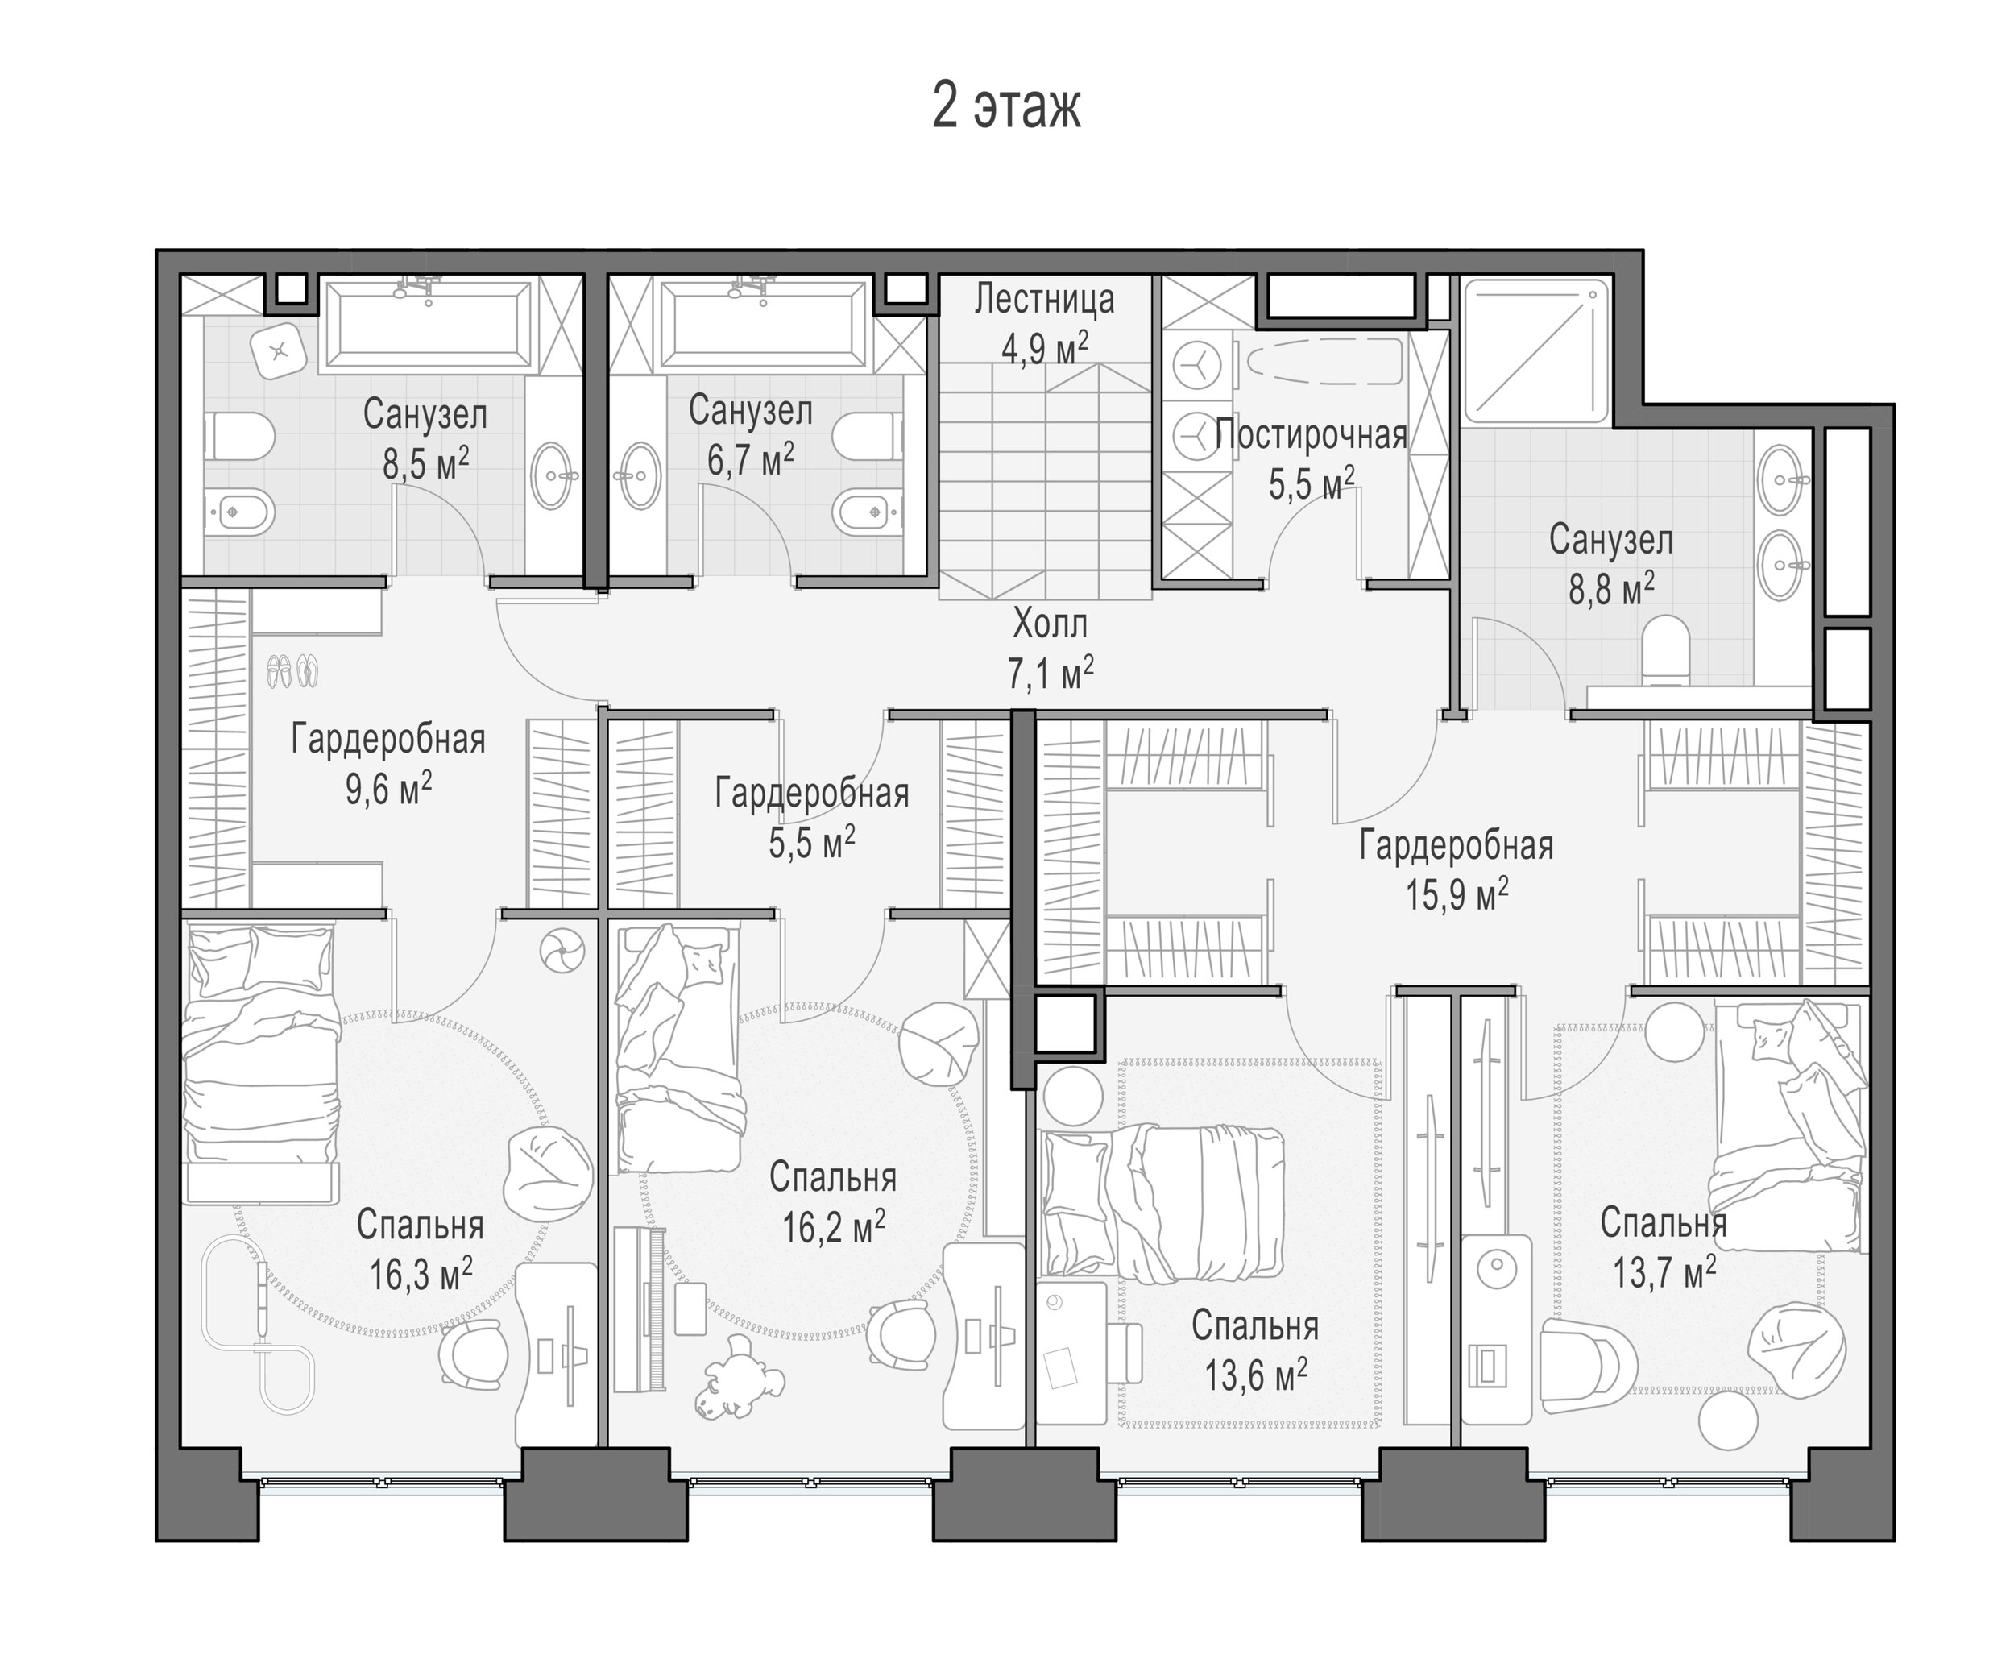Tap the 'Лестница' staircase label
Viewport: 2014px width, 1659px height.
point(1044,300)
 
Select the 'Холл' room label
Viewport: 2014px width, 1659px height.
point(1050,625)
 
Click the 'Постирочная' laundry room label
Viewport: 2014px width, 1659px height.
point(1311,435)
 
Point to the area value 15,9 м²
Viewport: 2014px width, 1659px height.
point(1457,895)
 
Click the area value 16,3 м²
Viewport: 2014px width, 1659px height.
point(421,1274)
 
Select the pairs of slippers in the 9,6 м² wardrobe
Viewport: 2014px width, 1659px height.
point(292,671)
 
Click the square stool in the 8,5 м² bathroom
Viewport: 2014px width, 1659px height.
point(279,350)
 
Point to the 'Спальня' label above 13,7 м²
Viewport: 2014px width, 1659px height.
point(1664,1222)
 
